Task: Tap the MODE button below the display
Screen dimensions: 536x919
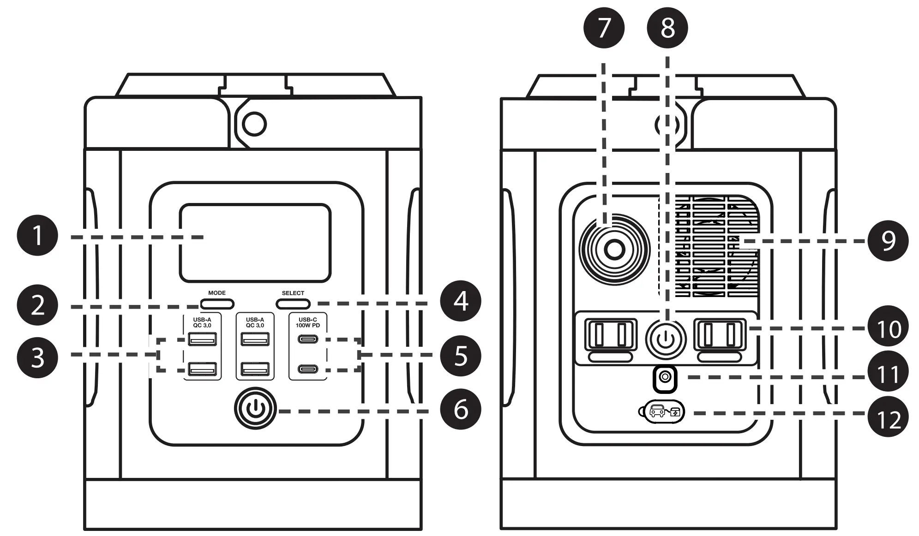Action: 217,304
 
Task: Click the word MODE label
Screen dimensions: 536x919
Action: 217,293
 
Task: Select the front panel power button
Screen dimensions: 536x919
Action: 255,409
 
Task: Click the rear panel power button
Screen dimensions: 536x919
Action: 665,339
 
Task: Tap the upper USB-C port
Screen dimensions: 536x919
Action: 308,339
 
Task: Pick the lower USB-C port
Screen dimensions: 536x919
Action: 308,369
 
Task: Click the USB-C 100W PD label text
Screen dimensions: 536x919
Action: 308,322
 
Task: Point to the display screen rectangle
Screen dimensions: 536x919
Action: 255,243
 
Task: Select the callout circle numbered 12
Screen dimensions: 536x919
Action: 888,418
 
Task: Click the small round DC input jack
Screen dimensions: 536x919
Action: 665,378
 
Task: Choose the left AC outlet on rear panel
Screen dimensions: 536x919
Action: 611,335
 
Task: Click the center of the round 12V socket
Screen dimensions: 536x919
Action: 614,250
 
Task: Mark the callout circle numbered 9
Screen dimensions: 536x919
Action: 888,240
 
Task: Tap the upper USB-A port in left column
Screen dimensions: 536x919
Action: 202,339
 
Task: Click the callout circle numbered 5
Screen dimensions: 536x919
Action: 460,356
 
